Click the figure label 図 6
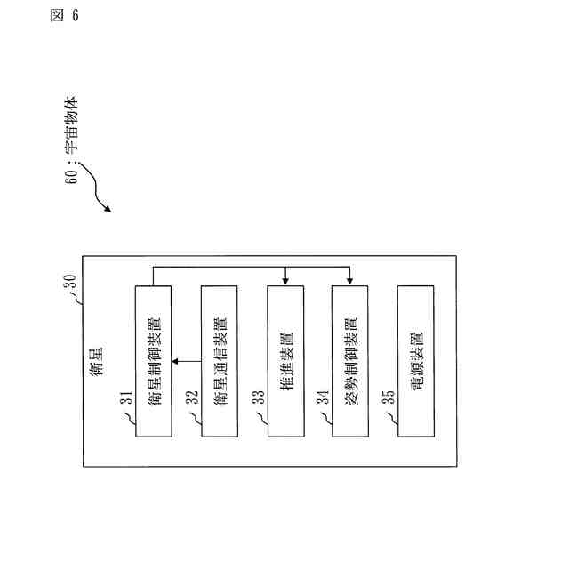[x=64, y=19]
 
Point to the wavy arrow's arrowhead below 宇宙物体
[x=108, y=210]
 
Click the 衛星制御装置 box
[x=153, y=360]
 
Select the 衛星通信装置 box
[x=220, y=360]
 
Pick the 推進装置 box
[x=286, y=360]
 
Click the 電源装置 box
[x=417, y=360]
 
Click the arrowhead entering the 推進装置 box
[x=285, y=281]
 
